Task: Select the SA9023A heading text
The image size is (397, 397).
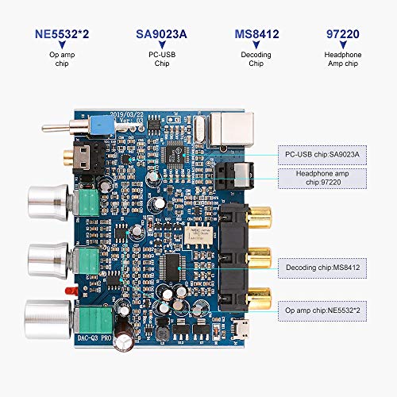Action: pos(161,35)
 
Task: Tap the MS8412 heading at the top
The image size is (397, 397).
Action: pos(256,35)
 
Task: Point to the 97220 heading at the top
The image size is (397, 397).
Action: pos(346,35)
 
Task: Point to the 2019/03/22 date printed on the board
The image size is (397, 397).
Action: pos(129,113)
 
